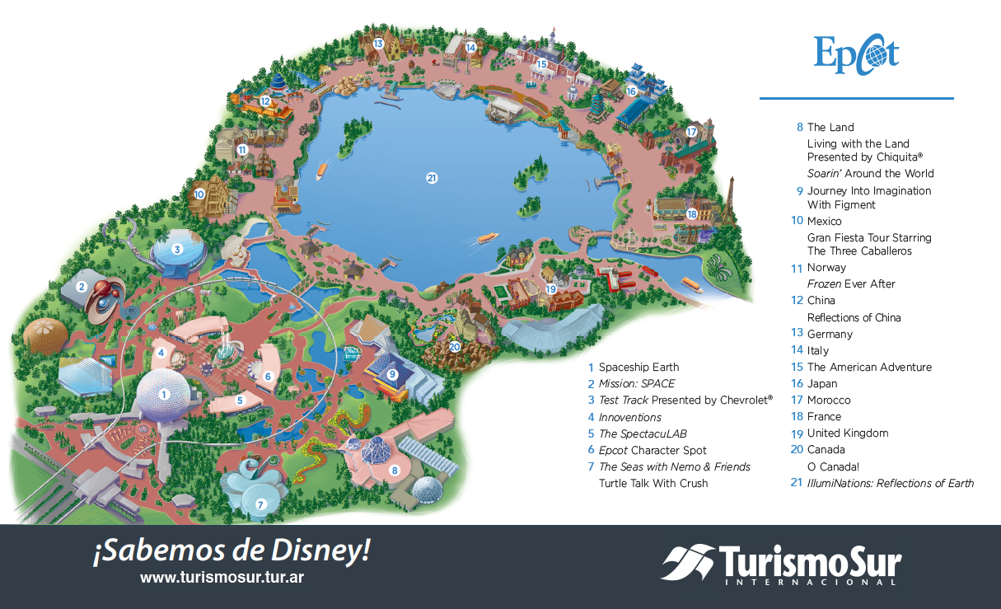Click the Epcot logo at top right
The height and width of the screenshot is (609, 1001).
point(856,54)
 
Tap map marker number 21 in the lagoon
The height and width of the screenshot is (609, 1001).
point(432,177)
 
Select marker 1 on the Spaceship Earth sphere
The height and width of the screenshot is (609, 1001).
point(164,393)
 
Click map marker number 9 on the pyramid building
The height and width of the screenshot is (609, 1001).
point(393,374)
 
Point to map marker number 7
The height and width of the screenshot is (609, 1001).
point(260,504)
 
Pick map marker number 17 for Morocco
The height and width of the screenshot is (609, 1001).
point(691,131)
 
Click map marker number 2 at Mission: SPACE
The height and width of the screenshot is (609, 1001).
point(82,287)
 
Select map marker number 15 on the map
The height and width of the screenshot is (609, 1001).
point(541,63)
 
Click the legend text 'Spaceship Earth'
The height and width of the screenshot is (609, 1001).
point(638,368)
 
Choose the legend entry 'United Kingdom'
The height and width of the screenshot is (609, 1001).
point(847,433)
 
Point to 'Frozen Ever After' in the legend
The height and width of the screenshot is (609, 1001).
point(851,284)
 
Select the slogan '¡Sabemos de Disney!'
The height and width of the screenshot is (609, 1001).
point(231,551)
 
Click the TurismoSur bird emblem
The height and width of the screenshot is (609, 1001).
point(688,562)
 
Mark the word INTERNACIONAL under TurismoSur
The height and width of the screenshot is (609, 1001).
point(811,583)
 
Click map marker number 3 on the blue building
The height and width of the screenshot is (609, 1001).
point(176,249)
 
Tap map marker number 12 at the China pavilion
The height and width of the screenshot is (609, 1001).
point(265,101)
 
